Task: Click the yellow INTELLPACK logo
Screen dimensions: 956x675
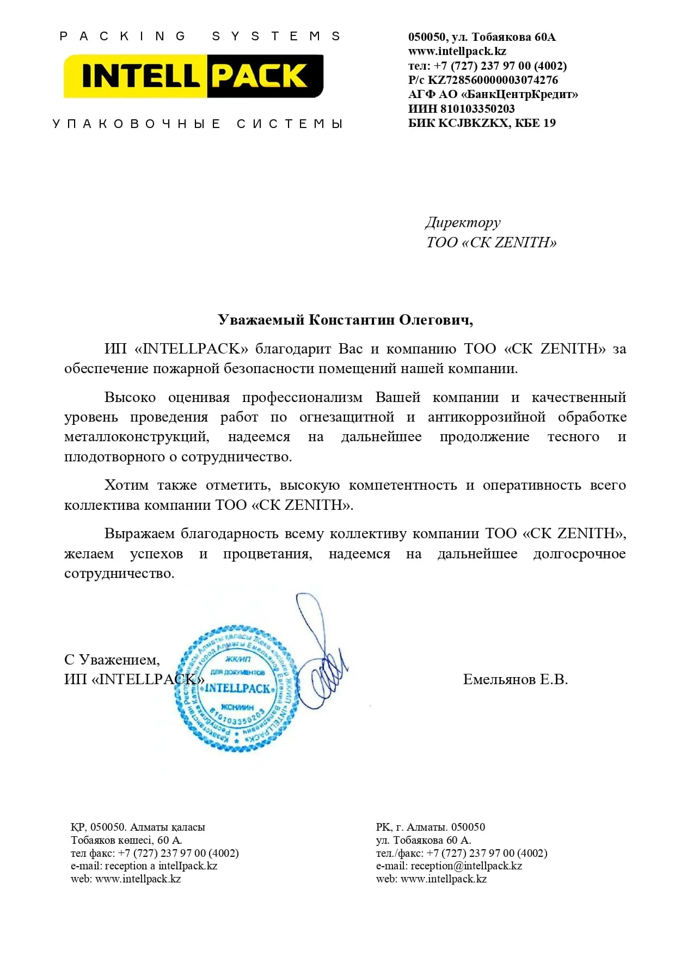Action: [194, 76]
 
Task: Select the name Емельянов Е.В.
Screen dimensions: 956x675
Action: [515, 679]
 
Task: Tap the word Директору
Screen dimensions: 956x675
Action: [463, 222]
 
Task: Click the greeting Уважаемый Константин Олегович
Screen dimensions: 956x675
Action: [345, 320]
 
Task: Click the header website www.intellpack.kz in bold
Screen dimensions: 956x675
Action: [457, 51]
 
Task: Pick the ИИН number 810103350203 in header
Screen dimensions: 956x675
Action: [477, 108]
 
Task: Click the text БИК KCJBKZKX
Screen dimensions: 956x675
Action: [458, 123]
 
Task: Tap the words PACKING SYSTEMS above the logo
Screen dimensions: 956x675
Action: [200, 36]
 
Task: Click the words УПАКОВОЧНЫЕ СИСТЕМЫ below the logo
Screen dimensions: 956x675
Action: [198, 124]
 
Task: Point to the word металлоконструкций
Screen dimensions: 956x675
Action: [137, 437]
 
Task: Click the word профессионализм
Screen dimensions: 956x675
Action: [302, 397]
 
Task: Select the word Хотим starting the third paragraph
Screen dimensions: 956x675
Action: [126, 485]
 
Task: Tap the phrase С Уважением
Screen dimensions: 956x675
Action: [112, 660]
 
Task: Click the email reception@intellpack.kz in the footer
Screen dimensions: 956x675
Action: [466, 866]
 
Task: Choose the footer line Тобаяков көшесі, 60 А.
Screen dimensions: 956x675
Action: [126, 840]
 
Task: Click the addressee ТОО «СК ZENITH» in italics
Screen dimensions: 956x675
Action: [492, 242]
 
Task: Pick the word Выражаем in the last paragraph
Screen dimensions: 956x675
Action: [139, 533]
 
